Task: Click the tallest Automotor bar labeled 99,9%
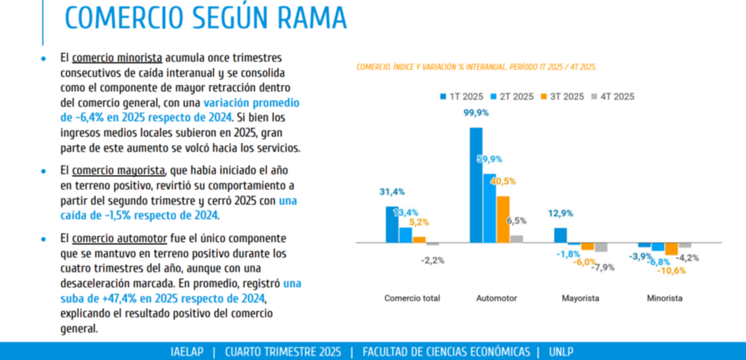(x=476, y=185)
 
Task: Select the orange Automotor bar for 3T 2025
(x=503, y=219)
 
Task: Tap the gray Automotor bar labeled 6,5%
(x=516, y=239)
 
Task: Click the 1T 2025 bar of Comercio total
(x=391, y=225)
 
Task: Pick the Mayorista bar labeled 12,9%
(x=560, y=235)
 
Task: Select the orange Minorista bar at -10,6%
(x=671, y=249)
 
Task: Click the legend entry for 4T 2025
(x=613, y=97)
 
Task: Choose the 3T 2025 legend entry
(x=563, y=97)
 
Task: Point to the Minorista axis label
(x=664, y=298)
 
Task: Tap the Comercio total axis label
(x=412, y=298)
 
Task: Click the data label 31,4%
(x=392, y=192)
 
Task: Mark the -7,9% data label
(x=603, y=267)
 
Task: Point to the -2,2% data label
(x=432, y=260)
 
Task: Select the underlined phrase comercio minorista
(x=117, y=57)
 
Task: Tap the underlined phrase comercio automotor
(x=119, y=239)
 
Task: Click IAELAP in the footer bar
(x=186, y=352)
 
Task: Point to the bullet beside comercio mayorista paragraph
(x=43, y=171)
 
